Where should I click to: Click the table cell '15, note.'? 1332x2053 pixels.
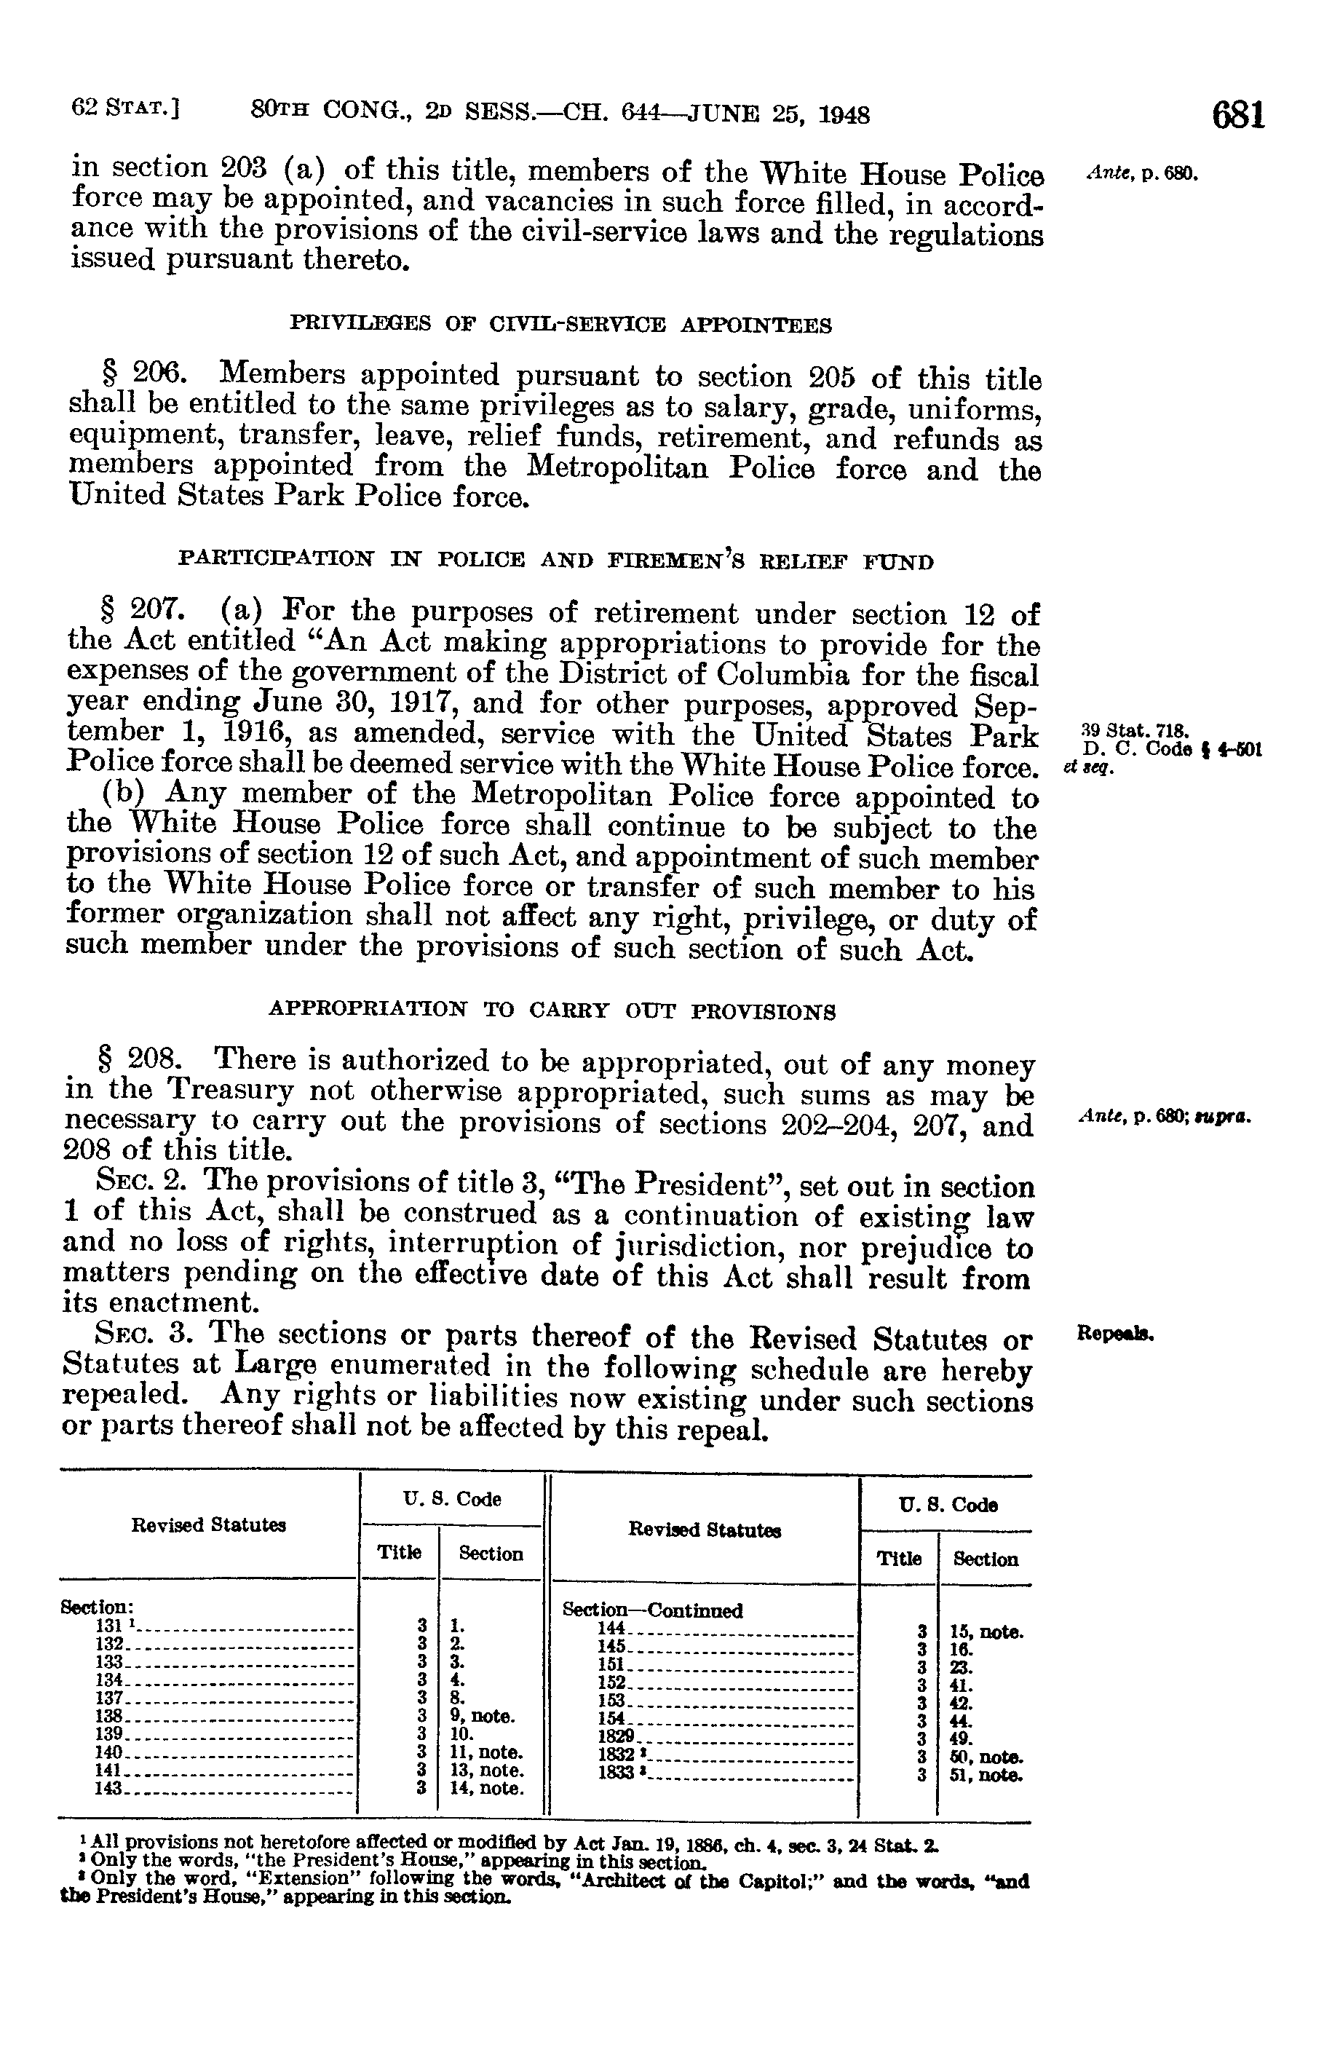pos(986,1632)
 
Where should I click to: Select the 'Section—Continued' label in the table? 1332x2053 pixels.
pos(652,1610)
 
